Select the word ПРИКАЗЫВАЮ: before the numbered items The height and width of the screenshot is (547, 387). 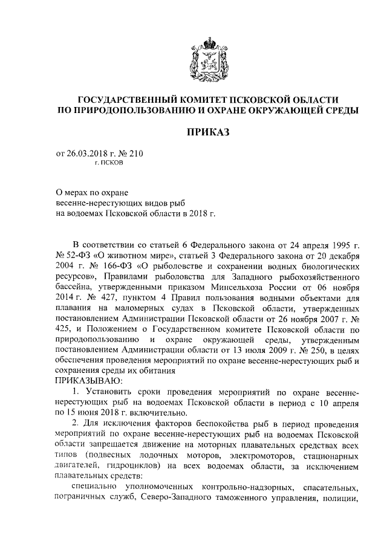(88, 380)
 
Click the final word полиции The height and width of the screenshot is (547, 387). (343, 500)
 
